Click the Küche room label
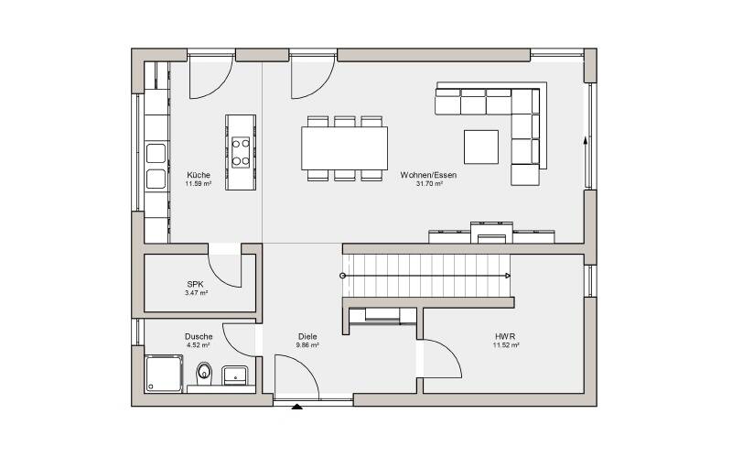click(x=199, y=175)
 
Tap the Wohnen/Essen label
click(x=428, y=175)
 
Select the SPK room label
click(x=195, y=284)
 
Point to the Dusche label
click(x=199, y=336)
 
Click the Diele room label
click(x=307, y=336)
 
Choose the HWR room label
click(x=506, y=336)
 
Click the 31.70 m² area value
click(x=429, y=184)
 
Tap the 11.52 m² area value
click(x=506, y=345)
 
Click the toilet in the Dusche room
click(x=204, y=373)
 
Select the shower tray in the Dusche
click(x=164, y=374)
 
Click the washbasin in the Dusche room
click(x=235, y=375)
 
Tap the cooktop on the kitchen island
click(x=241, y=152)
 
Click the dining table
click(x=345, y=148)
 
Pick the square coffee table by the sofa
click(x=481, y=147)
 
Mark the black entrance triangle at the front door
click(x=296, y=407)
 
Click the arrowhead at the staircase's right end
click(x=508, y=276)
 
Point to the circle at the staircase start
click(x=343, y=276)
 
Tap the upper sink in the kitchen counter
click(x=156, y=153)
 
